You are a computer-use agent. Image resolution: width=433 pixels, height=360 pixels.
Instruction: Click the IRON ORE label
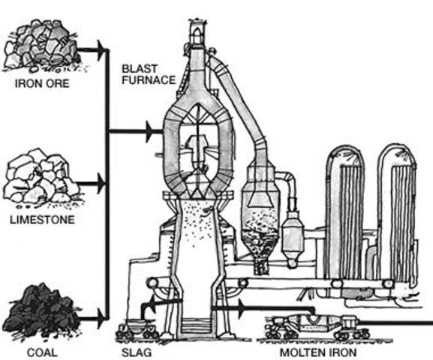(42, 83)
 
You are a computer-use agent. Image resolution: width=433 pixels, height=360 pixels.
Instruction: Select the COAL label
(41, 350)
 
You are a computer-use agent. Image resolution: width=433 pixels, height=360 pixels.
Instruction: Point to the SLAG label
(136, 350)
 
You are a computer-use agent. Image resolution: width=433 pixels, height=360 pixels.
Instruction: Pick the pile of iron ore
(41, 49)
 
